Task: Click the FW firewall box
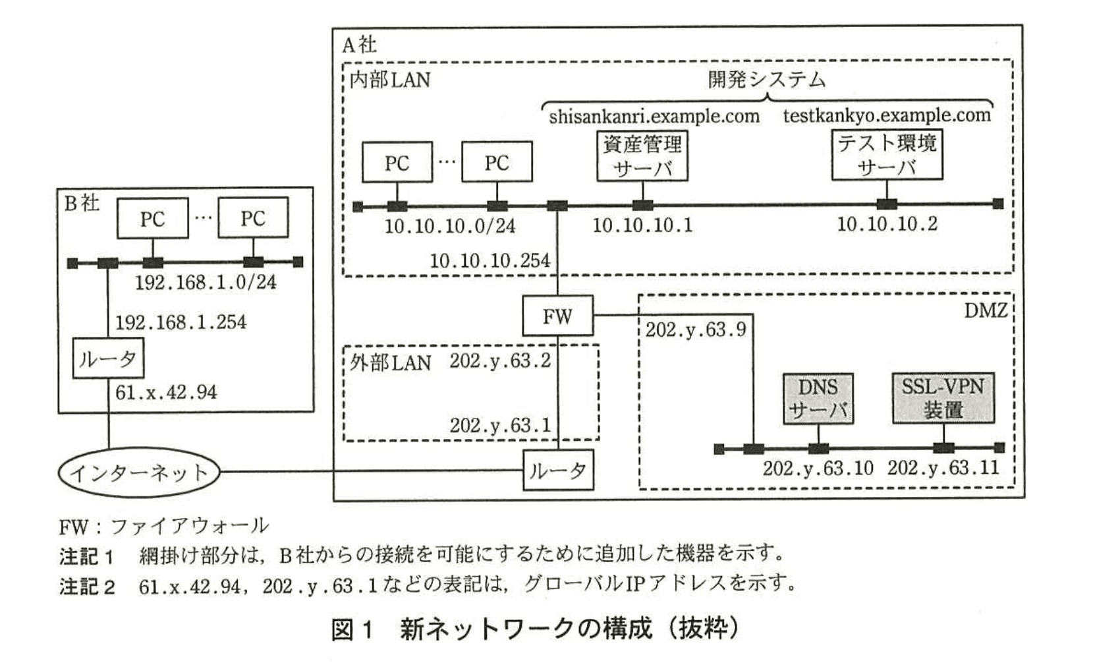pyautogui.click(x=557, y=316)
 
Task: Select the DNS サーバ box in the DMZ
pyautogui.click(x=818, y=398)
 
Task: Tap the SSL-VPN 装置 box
pyautogui.click(x=943, y=398)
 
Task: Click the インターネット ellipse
pyautogui.click(x=138, y=473)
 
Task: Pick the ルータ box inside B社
pyautogui.click(x=108, y=359)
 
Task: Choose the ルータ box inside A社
pyautogui.click(x=558, y=470)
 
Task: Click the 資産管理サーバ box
pyautogui.click(x=642, y=156)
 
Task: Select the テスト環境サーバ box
pyautogui.click(x=887, y=155)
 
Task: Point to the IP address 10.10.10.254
pyautogui.click(x=490, y=261)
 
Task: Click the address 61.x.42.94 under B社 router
pyautogui.click(x=166, y=393)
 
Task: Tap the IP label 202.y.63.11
pyautogui.click(x=943, y=468)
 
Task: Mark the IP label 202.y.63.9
pyautogui.click(x=695, y=330)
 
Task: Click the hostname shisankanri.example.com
pyautogui.click(x=654, y=117)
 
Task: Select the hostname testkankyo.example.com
pyautogui.click(x=887, y=115)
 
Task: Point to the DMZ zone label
pyautogui.click(x=986, y=310)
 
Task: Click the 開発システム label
pyautogui.click(x=766, y=80)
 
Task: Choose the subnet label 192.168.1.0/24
pyautogui.click(x=206, y=283)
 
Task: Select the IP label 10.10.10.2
pyautogui.click(x=887, y=224)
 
